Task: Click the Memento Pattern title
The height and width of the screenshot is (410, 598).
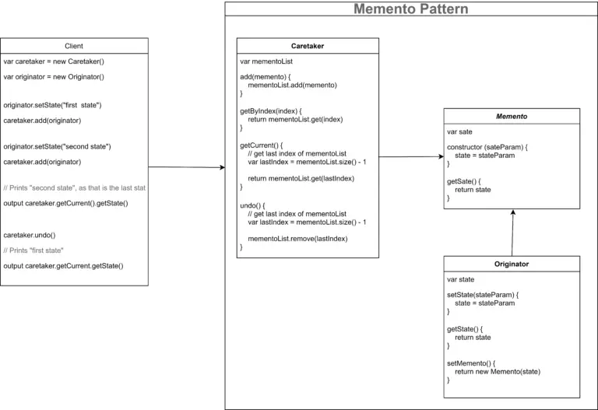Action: [x=411, y=9]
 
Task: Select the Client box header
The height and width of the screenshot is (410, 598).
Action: [x=74, y=46]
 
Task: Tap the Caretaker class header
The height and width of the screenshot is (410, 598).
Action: [x=308, y=46]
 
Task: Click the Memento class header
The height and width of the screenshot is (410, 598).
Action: [x=512, y=116]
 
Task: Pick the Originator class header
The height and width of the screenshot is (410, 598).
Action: [x=512, y=264]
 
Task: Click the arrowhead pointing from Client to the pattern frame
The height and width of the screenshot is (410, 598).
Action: [x=223, y=167]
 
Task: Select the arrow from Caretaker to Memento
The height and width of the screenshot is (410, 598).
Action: [x=411, y=156]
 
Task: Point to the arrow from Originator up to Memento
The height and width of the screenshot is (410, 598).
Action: [x=512, y=233]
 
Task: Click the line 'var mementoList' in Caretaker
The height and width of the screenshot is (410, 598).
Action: [x=266, y=61]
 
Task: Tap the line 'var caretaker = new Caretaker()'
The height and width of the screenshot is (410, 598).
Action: [x=54, y=61]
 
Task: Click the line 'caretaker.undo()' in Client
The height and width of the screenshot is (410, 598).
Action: [x=30, y=235]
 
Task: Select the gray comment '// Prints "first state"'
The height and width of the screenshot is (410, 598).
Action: [x=33, y=251]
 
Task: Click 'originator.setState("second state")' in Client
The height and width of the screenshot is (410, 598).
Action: [x=57, y=146]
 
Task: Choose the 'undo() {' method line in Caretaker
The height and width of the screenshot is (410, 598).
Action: [x=252, y=205]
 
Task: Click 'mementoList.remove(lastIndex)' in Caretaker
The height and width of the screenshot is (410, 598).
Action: [x=297, y=239]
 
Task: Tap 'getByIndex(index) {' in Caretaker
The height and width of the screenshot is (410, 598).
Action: [x=271, y=111]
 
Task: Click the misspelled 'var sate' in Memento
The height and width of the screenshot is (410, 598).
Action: [x=459, y=131]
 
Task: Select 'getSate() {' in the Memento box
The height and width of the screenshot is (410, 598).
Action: [x=464, y=181]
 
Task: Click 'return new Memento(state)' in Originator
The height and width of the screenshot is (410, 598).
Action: [x=498, y=372]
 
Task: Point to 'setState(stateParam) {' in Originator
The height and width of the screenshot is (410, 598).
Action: [x=483, y=295]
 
